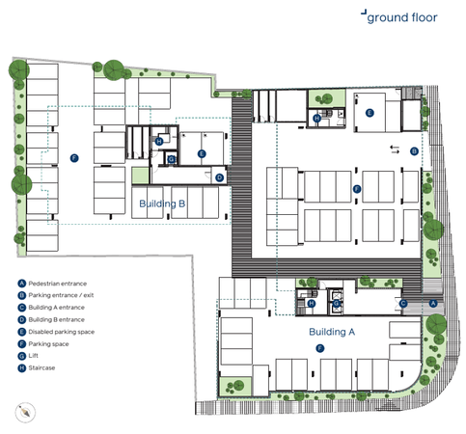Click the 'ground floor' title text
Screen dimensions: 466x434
(x=402, y=17)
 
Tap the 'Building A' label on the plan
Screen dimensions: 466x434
(x=332, y=332)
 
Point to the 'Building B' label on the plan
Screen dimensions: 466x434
(x=162, y=203)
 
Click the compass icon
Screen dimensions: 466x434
(x=25, y=412)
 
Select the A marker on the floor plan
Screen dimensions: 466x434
(x=433, y=303)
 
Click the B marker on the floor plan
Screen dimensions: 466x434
(x=414, y=151)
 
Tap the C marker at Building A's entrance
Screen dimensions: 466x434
(x=403, y=303)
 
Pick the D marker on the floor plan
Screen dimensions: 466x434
(x=219, y=177)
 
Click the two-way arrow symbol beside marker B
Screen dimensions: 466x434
(x=395, y=149)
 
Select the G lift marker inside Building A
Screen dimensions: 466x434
(x=336, y=303)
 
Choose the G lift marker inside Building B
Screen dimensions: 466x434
(x=172, y=159)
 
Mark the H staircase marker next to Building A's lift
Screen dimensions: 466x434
(x=312, y=303)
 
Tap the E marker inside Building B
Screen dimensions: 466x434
(x=202, y=153)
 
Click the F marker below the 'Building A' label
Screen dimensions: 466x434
(x=319, y=348)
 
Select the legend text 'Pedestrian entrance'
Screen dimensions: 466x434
(x=58, y=284)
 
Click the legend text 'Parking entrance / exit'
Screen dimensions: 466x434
(x=61, y=295)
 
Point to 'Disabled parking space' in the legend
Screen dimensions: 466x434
(x=62, y=332)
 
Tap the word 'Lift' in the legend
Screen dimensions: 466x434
(x=33, y=356)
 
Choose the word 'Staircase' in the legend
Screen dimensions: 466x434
(x=41, y=367)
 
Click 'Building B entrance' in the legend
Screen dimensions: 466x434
(x=57, y=319)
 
